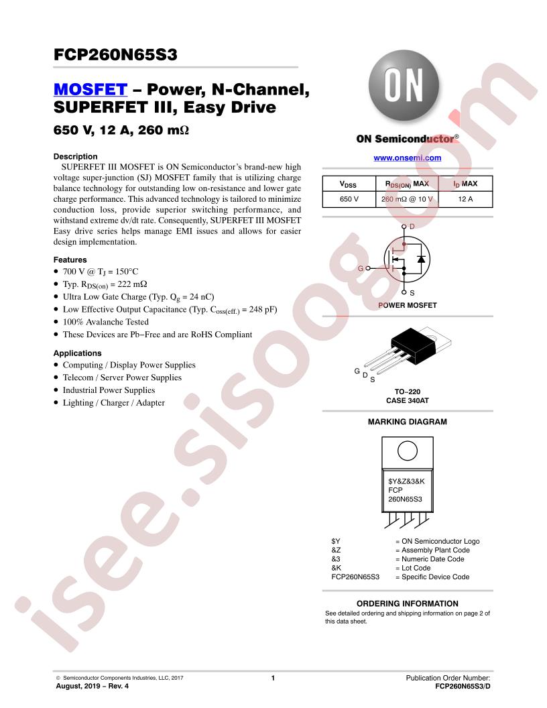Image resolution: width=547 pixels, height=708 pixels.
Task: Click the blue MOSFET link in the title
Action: point(90,89)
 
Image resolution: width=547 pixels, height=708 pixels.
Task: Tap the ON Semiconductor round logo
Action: point(404,85)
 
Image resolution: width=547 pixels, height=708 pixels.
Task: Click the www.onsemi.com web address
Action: point(407,158)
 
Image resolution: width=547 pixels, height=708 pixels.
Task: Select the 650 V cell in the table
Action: point(349,199)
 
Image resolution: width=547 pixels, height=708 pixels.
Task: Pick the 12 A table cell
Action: point(465,199)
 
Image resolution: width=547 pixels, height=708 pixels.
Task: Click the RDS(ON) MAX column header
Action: point(407,184)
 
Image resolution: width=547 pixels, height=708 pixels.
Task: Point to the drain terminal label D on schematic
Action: point(412,226)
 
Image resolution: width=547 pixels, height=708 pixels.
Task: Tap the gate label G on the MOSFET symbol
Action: point(361,268)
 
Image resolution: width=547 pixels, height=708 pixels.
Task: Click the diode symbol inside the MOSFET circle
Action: point(422,259)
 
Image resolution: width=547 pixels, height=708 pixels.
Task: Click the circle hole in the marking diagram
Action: point(408,451)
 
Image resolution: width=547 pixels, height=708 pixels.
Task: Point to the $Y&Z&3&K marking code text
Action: point(406,481)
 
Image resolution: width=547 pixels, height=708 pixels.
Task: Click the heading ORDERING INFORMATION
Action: point(407,603)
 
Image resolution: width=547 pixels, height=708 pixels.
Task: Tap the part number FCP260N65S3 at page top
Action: point(115,54)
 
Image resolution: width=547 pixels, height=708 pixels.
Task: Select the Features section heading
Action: point(70,259)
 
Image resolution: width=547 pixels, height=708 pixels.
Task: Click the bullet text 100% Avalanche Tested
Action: point(106,322)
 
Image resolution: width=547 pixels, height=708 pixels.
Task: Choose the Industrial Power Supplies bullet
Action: point(109,390)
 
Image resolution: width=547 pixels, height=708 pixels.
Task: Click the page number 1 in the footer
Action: point(273,678)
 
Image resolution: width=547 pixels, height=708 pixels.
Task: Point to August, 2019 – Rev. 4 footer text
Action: point(92,686)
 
